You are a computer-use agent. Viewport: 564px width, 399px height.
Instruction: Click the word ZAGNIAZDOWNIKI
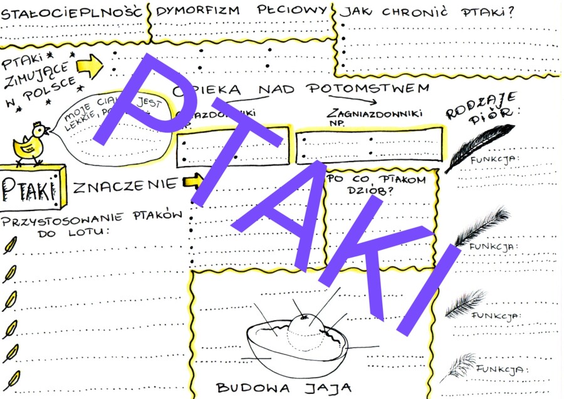375,113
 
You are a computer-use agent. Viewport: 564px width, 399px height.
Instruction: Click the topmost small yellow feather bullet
10,246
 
